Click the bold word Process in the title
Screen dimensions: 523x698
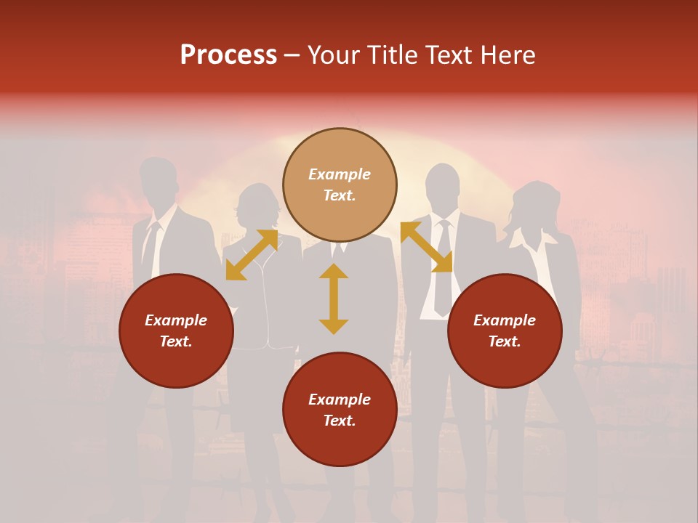[x=228, y=55]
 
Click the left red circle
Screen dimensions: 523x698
[x=176, y=331]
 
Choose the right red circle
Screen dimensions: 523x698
[x=505, y=331]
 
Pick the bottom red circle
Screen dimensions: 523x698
[x=340, y=410]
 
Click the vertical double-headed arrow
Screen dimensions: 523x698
[x=334, y=299]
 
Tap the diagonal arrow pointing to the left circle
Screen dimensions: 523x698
[x=252, y=255]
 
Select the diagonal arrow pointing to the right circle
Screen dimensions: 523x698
[x=426, y=247]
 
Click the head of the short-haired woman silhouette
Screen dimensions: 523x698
[x=257, y=206]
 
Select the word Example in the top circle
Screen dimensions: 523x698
[x=340, y=174]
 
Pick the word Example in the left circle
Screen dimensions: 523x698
[x=176, y=320]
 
